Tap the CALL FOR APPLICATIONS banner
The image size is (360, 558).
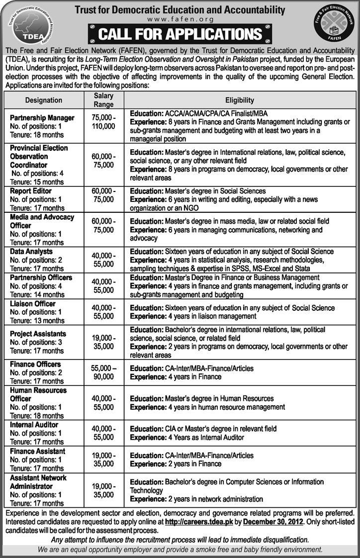click(180, 34)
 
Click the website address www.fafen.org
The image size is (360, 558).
click(180, 19)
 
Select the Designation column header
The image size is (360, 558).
click(44, 100)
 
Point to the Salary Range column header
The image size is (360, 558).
click(103, 100)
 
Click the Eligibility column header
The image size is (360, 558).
click(240, 100)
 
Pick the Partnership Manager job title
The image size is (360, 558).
click(42, 118)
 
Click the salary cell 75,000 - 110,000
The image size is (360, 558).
click(103, 122)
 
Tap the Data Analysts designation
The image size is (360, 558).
click(31, 252)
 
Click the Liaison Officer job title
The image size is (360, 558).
click(33, 303)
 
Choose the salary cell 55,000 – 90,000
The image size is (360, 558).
click(103, 373)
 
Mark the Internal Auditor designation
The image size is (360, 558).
click(34, 425)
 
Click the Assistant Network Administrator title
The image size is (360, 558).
click(38, 481)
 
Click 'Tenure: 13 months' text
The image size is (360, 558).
click(37, 320)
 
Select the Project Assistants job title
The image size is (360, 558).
click(38, 333)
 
